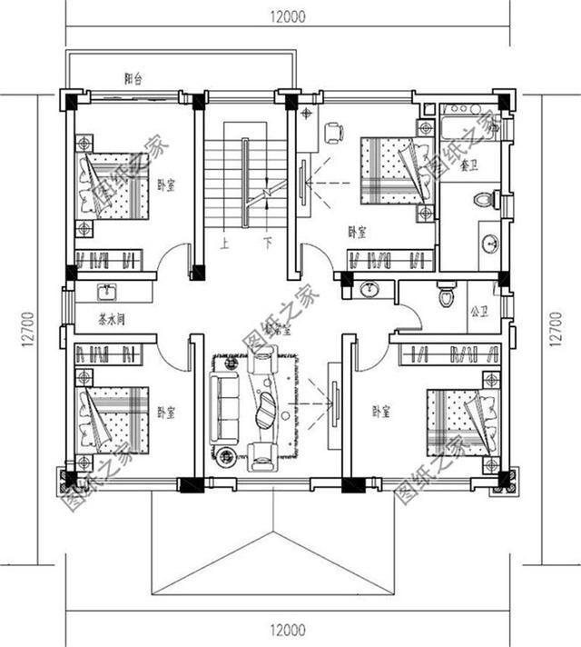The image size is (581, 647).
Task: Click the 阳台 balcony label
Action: (133, 79)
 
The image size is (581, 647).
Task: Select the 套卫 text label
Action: (469, 165)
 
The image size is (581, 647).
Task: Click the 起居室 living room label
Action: (278, 331)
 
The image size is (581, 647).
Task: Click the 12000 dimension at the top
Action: (288, 15)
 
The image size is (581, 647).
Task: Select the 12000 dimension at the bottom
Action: (288, 629)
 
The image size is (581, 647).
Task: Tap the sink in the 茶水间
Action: (107, 292)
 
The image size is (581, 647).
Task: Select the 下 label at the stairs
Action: (268, 243)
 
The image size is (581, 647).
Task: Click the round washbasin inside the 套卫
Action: (489, 243)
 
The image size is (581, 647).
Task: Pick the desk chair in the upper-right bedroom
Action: (333, 133)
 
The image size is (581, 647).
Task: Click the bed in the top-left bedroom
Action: (114, 185)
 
